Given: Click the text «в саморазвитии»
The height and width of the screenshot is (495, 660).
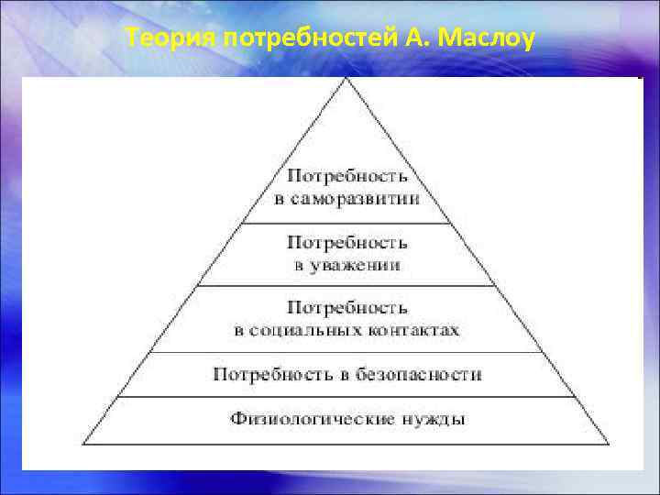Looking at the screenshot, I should (x=346, y=199).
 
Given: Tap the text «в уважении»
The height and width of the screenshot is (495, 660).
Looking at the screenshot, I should (x=346, y=265).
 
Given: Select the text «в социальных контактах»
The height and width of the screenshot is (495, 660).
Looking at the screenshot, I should (x=346, y=329).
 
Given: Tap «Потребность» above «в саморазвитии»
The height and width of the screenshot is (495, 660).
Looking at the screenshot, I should (x=346, y=175).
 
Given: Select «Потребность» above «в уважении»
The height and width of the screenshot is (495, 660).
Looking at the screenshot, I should (x=346, y=243).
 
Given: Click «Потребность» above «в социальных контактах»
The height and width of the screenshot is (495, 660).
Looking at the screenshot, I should (x=346, y=307).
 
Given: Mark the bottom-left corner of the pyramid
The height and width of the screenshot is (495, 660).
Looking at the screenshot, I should (x=83, y=444).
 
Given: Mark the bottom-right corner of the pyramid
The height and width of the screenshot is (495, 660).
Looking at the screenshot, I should (x=609, y=444).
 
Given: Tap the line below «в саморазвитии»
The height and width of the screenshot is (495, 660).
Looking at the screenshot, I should (x=346, y=223).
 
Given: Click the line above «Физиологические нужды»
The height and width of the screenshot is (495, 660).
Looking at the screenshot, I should (x=346, y=397).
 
